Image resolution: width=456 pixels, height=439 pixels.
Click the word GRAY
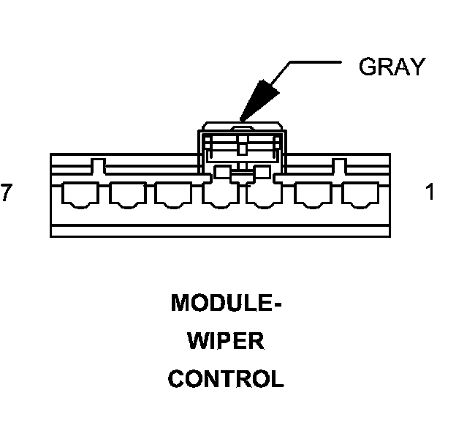click(x=391, y=67)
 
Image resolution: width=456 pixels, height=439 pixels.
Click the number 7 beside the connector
click(x=7, y=192)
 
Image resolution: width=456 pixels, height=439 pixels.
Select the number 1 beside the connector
click(x=430, y=192)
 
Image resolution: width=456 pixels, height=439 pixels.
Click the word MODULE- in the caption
click(x=226, y=303)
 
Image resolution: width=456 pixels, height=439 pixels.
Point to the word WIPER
click(x=226, y=341)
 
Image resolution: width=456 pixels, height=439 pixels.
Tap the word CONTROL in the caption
click(x=226, y=379)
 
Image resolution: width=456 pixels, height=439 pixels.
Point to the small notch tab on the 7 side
click(x=96, y=162)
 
